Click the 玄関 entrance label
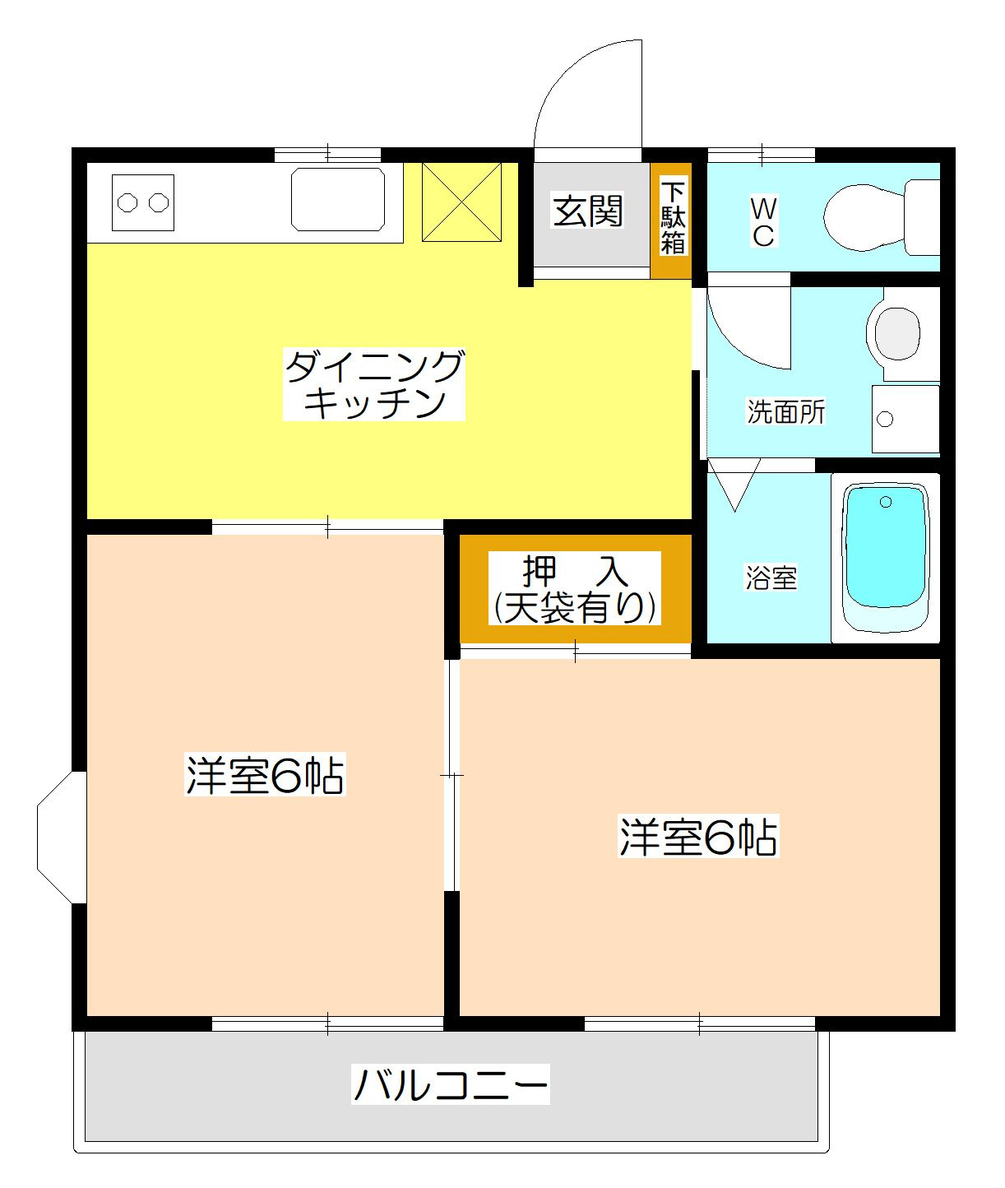(x=587, y=211)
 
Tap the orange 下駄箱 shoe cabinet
(x=672, y=219)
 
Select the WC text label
(x=762, y=221)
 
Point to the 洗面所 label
(x=785, y=411)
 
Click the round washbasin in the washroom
(x=897, y=333)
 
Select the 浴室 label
(x=771, y=577)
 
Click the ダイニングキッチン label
(x=374, y=384)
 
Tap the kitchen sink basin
(x=338, y=200)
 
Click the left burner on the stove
(x=127, y=202)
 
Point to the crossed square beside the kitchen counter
(x=461, y=202)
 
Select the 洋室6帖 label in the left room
(x=265, y=775)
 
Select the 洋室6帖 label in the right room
(x=697, y=837)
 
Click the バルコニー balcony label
(x=450, y=1084)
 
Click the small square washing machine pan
(x=905, y=419)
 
